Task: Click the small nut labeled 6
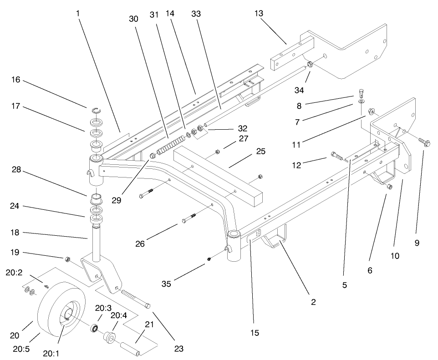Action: (389, 187)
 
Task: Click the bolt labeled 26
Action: (189, 218)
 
